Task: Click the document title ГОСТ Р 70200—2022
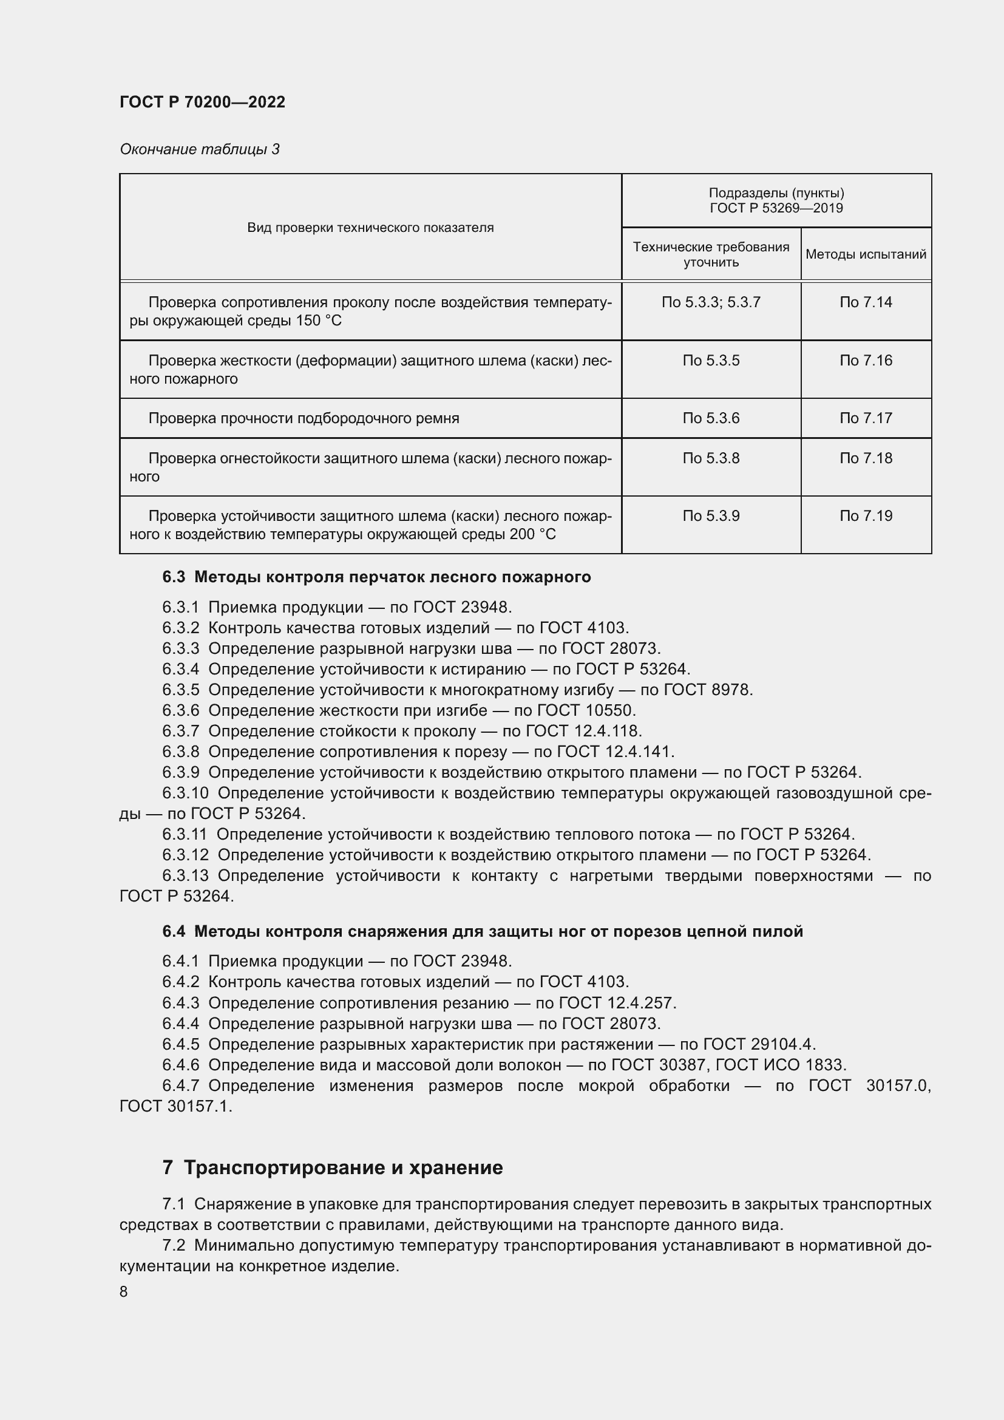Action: pyautogui.click(x=202, y=102)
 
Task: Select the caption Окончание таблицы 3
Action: pyautogui.click(x=199, y=149)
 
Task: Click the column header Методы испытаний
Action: pyautogui.click(x=866, y=254)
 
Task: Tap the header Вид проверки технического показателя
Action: pyautogui.click(x=370, y=228)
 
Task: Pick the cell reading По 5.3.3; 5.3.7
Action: pyautogui.click(x=711, y=302)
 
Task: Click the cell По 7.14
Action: pyautogui.click(x=866, y=302)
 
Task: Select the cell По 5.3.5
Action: pyautogui.click(x=711, y=361)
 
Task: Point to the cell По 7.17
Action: pyautogui.click(x=866, y=419)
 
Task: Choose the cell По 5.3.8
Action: pyautogui.click(x=711, y=458)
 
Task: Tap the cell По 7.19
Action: pyautogui.click(x=866, y=516)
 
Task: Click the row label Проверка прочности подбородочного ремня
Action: pyautogui.click(x=304, y=419)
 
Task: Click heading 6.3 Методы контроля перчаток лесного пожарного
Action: pyautogui.click(x=376, y=577)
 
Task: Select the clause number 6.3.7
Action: pyautogui.click(x=180, y=731)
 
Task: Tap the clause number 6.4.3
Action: pyautogui.click(x=180, y=1002)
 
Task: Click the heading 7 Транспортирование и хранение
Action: pyautogui.click(x=333, y=1167)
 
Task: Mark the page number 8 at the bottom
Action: pyautogui.click(x=124, y=1292)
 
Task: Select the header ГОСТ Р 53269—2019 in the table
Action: pyautogui.click(x=776, y=208)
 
